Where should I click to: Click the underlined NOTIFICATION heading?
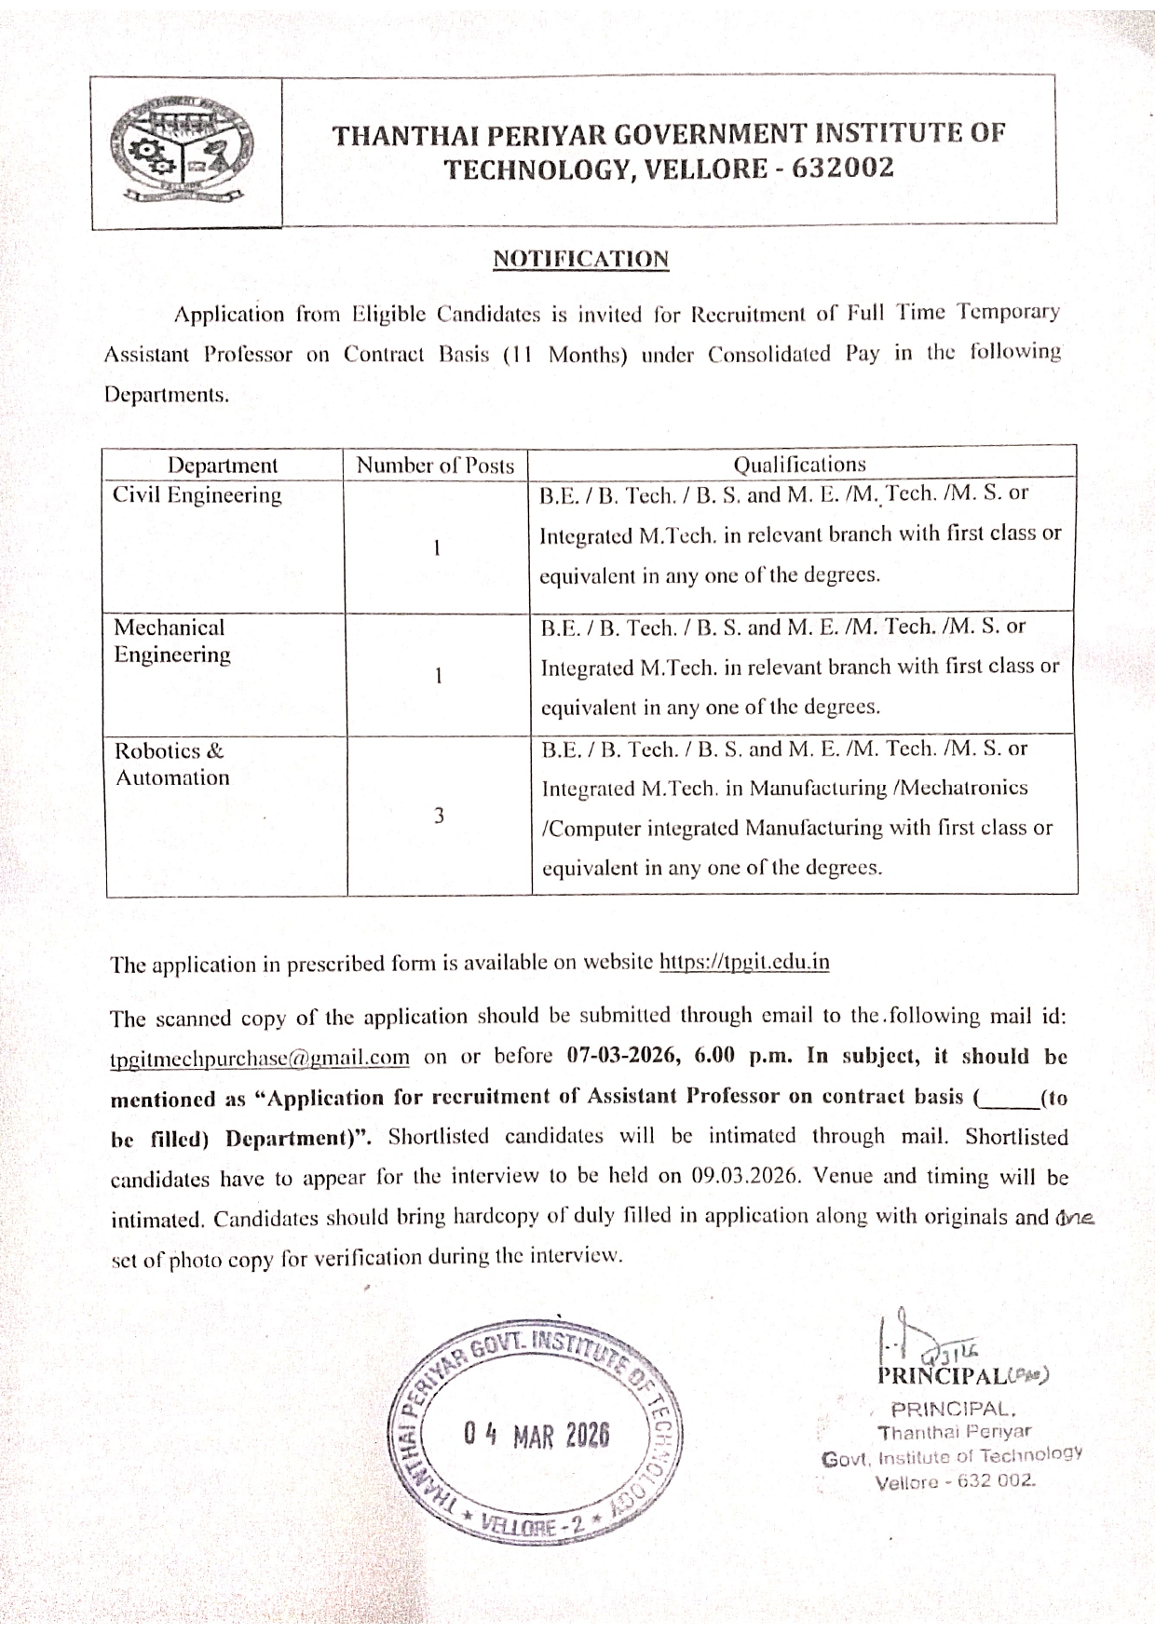coord(580,259)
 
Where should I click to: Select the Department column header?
coord(223,465)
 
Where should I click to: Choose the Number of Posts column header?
coord(436,466)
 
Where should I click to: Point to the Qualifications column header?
coord(799,464)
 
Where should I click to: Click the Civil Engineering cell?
coord(197,495)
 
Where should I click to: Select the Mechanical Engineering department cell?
coord(171,641)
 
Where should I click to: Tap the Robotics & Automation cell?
coord(171,764)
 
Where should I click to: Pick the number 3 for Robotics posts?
coord(439,816)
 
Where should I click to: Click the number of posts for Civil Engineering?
coord(436,547)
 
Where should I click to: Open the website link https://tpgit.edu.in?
coord(744,962)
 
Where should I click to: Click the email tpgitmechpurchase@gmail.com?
coord(260,1058)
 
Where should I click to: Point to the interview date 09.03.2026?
coord(747,1175)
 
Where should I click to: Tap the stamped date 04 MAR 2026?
coord(536,1434)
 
